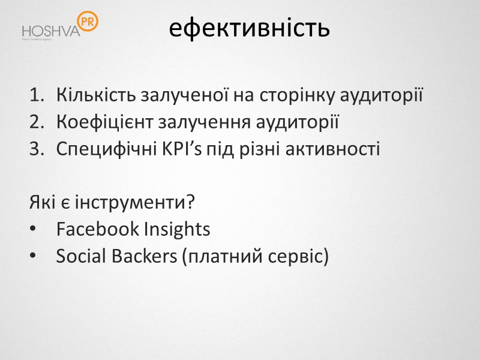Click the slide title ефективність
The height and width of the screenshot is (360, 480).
249,28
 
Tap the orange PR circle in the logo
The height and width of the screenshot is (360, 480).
88,22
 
